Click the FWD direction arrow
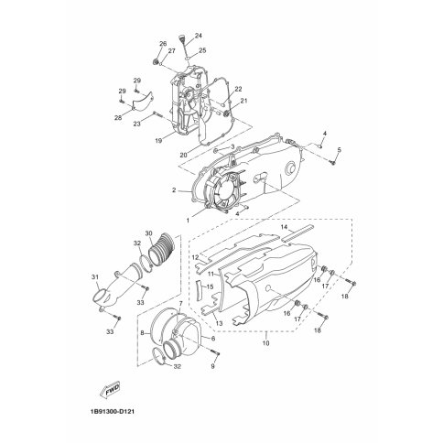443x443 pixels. click(x=110, y=390)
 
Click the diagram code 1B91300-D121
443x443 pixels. click(x=112, y=412)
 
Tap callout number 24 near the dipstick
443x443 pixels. click(x=199, y=36)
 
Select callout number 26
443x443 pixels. click(x=163, y=44)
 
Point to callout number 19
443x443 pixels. click(x=158, y=141)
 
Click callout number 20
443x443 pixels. click(x=183, y=155)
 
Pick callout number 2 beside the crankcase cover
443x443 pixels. click(x=174, y=190)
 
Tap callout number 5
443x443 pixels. click(x=339, y=150)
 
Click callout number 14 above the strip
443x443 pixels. click(x=284, y=227)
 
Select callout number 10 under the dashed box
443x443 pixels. click(x=265, y=343)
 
